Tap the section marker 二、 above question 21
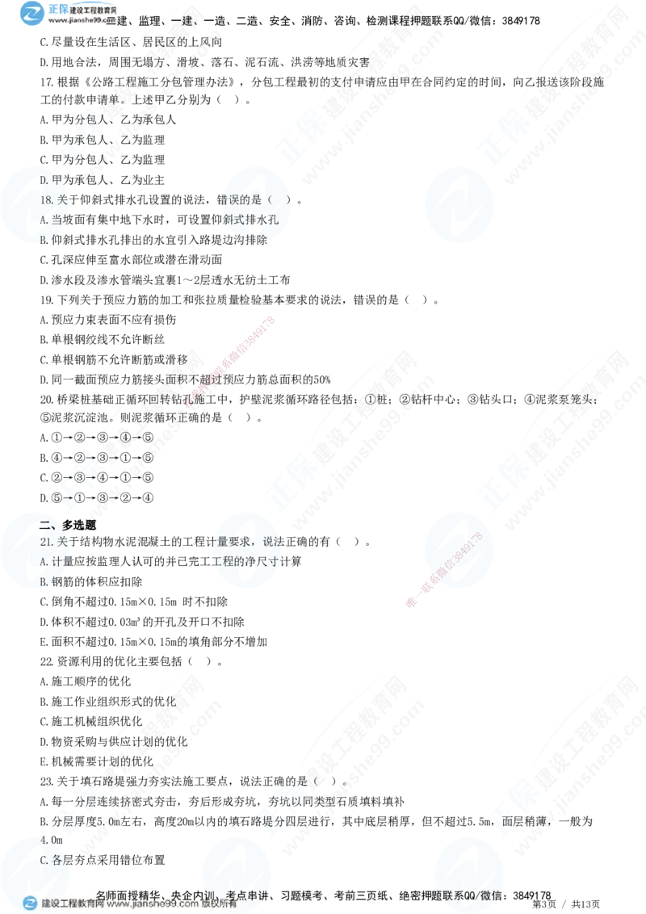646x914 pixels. pos(46,526)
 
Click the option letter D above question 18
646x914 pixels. pos(44,180)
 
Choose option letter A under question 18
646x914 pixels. pos(44,219)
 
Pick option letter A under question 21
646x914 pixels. pos(44,562)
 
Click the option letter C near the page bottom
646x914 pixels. pos(44,860)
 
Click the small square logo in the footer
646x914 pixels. pos(30,903)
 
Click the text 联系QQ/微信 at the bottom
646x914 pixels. pos(465,894)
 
